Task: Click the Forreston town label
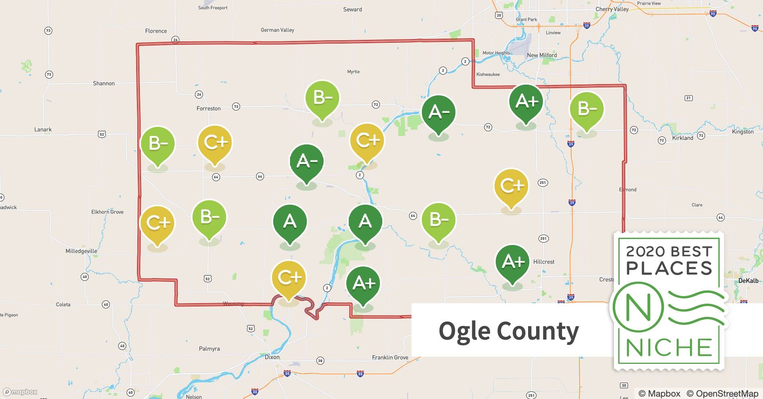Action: pos(209,109)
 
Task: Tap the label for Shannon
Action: pos(104,83)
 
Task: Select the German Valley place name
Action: pos(277,30)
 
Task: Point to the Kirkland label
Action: pos(683,138)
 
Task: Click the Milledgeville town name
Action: pos(81,251)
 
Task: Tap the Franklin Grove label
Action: pos(390,358)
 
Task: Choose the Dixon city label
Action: pos(272,357)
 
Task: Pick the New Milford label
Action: pos(542,55)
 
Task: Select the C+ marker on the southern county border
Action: pos(288,278)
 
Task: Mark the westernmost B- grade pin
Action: pos(158,144)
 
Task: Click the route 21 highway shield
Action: pos(688,98)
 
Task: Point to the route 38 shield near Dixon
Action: pos(320,361)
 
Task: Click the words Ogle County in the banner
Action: pos(509,331)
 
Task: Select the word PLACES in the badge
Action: pos(669,268)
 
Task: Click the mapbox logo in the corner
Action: pos(20,392)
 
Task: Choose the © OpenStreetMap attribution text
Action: pos(722,393)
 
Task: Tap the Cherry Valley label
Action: pos(612,9)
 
